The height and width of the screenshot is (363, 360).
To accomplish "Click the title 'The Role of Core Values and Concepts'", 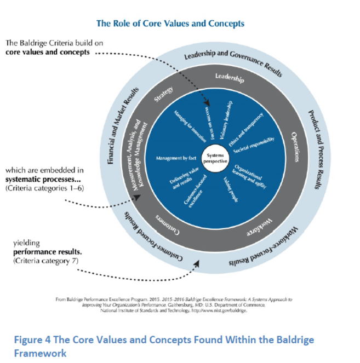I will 170,24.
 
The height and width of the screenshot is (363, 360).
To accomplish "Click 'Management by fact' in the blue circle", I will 175,159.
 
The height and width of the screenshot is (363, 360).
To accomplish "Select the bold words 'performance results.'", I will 48,252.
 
